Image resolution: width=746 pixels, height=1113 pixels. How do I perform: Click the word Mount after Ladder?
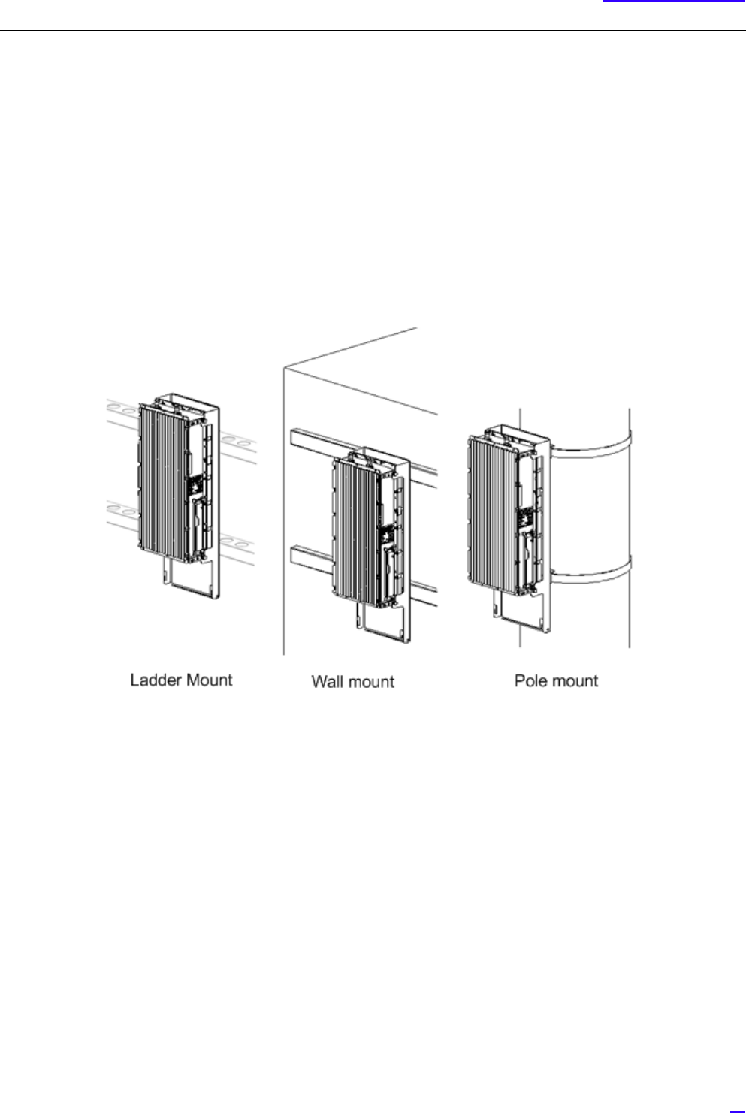tap(208, 680)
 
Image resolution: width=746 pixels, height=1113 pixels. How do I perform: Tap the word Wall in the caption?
tap(326, 682)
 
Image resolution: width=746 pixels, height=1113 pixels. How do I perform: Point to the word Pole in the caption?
tap(531, 681)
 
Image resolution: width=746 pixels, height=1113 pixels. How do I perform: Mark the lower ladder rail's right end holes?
tap(243, 541)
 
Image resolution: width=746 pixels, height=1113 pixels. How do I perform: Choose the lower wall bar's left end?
tap(295, 559)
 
